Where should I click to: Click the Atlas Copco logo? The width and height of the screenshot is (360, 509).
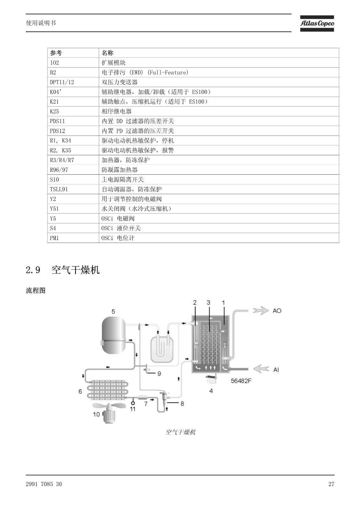tap(317, 24)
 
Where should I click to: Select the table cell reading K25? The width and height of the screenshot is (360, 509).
tap(73, 111)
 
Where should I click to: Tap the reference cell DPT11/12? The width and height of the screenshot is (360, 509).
tap(73, 82)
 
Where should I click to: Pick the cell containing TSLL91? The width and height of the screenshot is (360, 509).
tap(73, 189)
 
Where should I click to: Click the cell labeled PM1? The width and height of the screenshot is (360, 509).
tap(73, 238)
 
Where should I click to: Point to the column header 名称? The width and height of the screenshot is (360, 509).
tap(219, 53)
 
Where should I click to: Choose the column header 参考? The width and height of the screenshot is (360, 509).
tap(73, 53)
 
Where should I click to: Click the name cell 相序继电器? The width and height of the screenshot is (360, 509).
tap(219, 111)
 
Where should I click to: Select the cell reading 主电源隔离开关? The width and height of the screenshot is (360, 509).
tap(219, 179)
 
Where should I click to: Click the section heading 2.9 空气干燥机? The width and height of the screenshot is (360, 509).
tap(62, 270)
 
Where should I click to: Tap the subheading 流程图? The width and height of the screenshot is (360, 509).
tap(35, 290)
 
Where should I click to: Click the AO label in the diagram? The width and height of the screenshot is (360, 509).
tap(277, 310)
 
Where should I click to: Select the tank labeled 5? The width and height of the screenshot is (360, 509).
tap(114, 335)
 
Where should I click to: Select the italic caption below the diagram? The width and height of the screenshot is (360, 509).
tap(180, 432)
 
